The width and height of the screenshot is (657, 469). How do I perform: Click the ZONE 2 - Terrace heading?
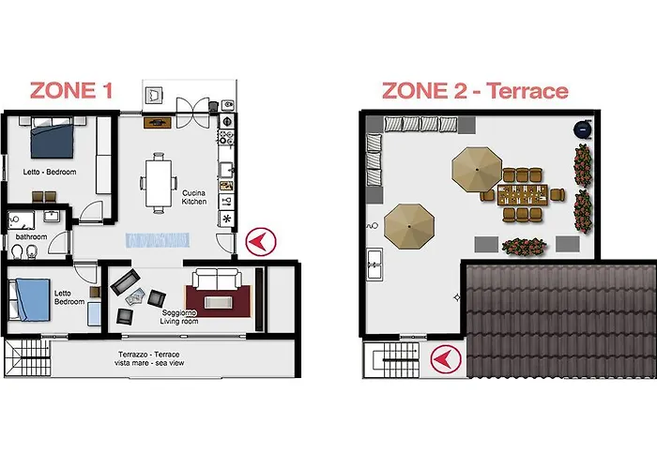tap(474, 90)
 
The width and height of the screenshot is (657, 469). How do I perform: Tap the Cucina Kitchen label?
tap(193, 195)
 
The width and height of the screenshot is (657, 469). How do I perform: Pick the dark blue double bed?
tap(53, 140)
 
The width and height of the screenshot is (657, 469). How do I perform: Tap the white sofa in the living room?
tap(216, 280)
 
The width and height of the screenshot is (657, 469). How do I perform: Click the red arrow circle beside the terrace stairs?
tap(441, 358)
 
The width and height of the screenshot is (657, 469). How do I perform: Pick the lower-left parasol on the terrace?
tap(409, 222)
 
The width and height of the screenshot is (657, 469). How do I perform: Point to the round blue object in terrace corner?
tap(583, 128)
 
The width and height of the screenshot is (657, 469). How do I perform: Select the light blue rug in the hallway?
tap(157, 240)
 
